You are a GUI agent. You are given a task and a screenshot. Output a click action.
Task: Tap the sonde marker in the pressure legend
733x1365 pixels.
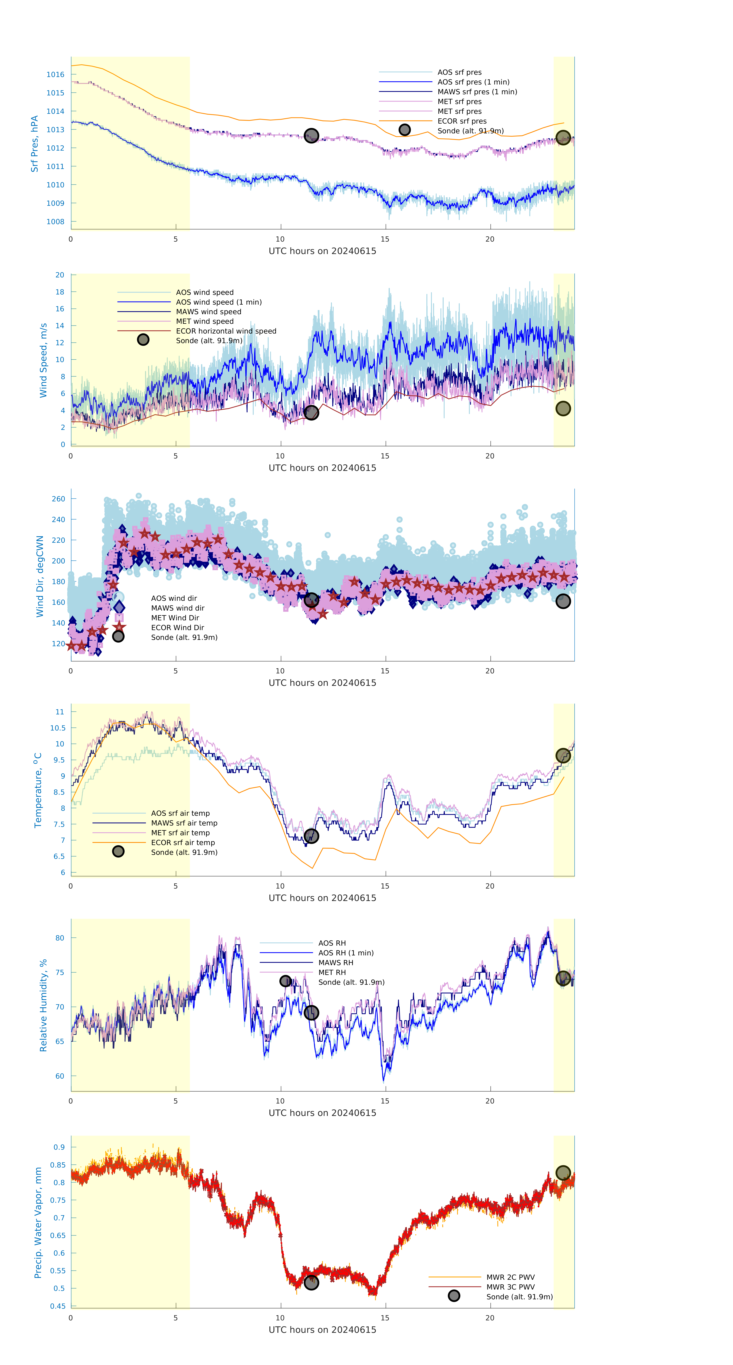[x=404, y=130]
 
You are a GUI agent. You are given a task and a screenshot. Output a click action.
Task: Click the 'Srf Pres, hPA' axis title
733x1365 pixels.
[x=34, y=144]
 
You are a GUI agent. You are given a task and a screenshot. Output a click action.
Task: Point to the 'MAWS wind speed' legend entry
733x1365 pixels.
[x=208, y=312]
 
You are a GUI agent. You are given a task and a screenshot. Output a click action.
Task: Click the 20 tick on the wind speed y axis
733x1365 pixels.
[x=60, y=275]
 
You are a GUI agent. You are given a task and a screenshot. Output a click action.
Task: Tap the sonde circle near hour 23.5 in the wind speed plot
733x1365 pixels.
[x=563, y=409]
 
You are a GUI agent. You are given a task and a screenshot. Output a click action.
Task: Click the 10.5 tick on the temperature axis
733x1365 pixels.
[x=58, y=728]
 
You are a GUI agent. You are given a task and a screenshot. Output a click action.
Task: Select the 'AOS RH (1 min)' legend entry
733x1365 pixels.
[x=346, y=953]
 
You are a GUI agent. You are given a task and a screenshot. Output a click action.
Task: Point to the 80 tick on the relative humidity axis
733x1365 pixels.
[x=60, y=938]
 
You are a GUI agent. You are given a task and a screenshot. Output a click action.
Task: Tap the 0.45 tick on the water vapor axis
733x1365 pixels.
[x=58, y=1306]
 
